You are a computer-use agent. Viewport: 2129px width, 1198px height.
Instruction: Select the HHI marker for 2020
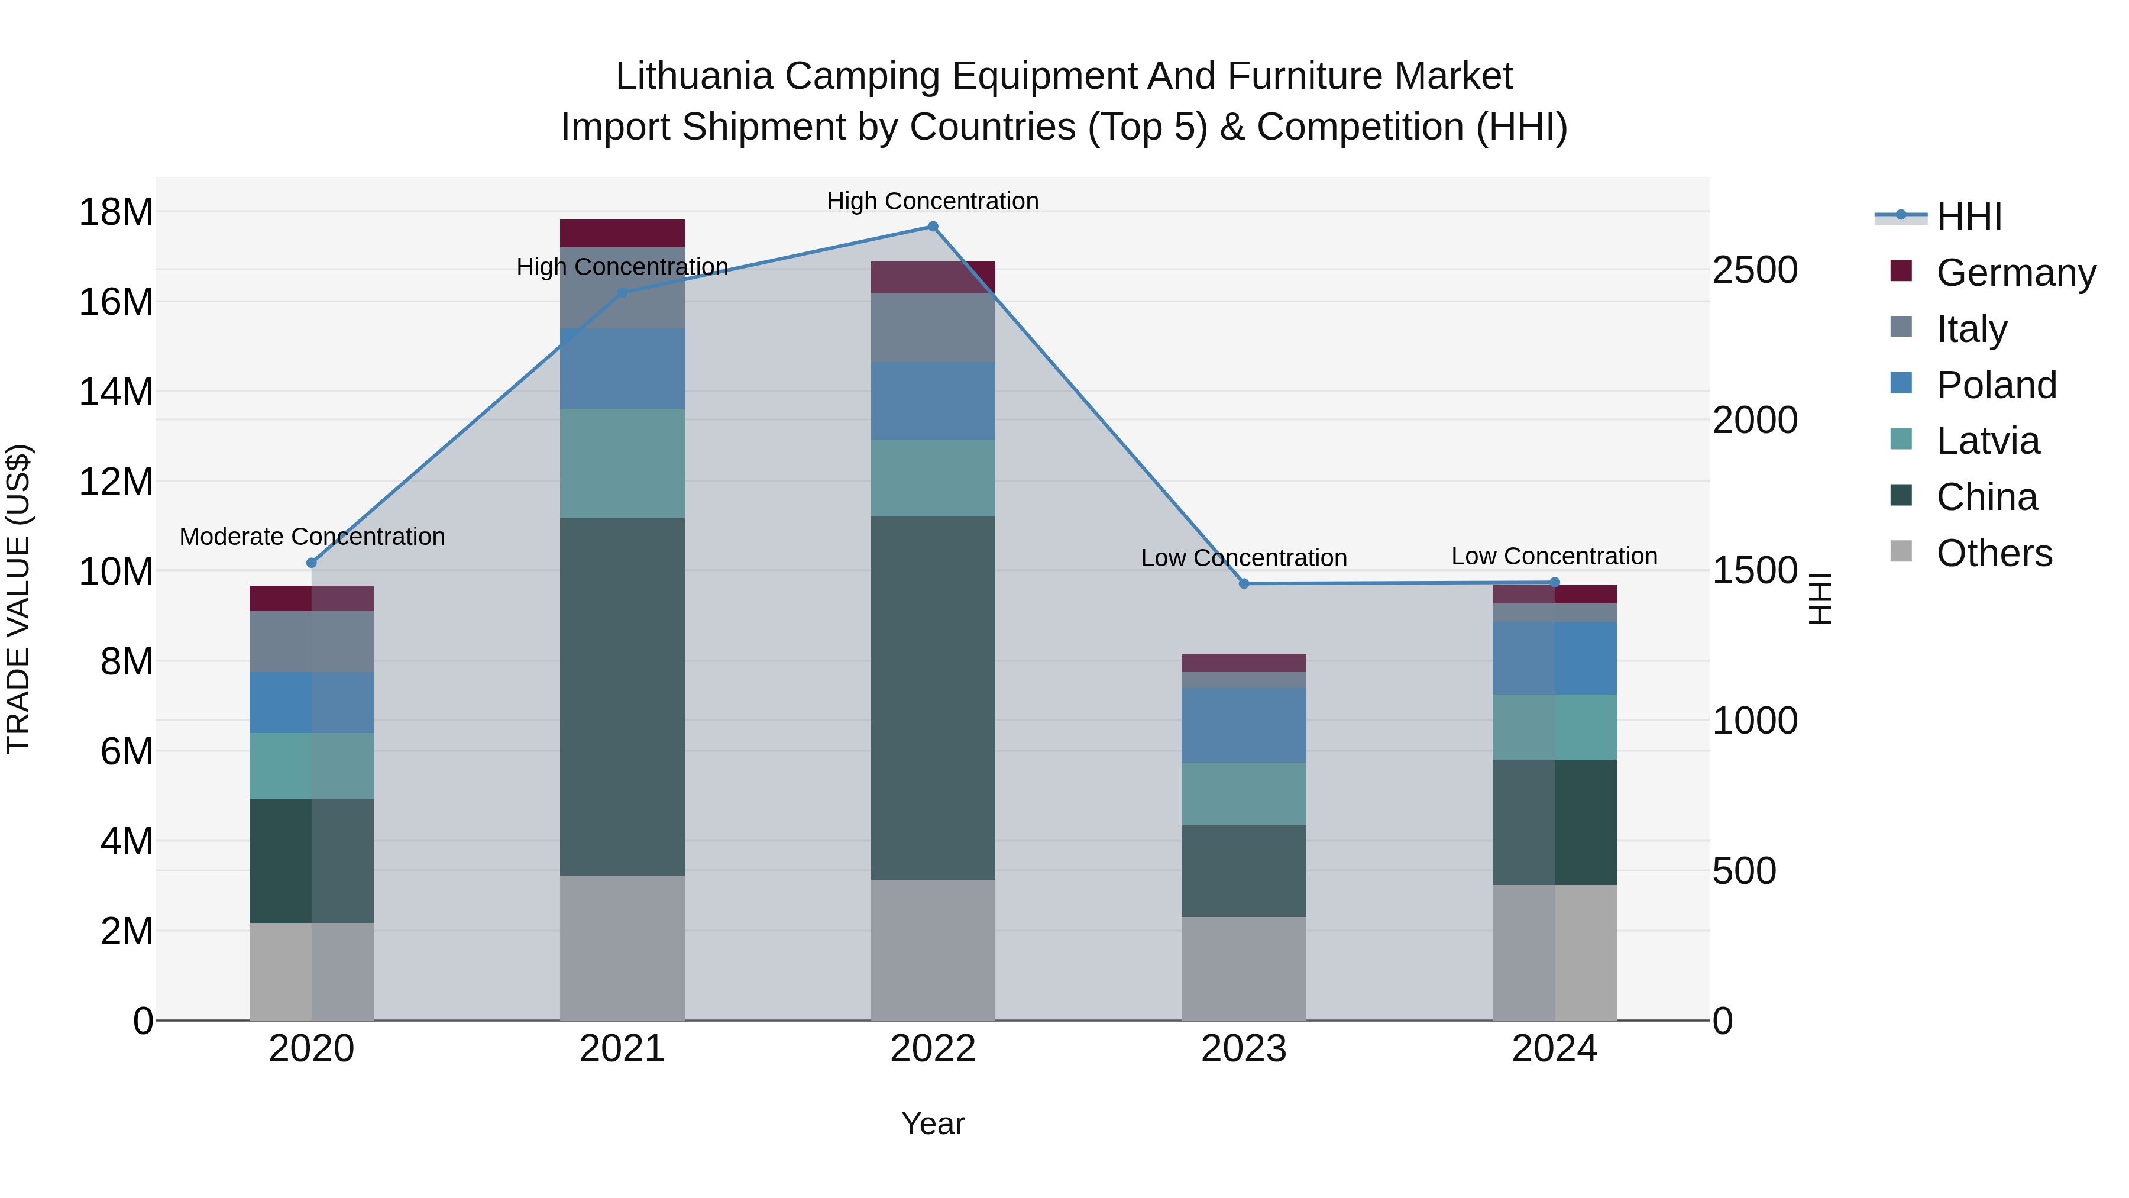pos(312,563)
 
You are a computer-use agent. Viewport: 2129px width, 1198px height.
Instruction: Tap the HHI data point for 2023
pos(1244,584)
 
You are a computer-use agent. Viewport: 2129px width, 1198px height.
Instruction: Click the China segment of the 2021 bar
pos(622,696)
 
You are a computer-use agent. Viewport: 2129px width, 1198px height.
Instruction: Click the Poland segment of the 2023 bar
pos(1244,725)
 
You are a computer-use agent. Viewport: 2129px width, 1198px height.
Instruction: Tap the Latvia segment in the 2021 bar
pos(622,463)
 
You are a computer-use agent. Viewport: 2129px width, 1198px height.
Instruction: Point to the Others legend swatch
pos(1901,551)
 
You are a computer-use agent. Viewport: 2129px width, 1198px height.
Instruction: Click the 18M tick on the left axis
pos(116,212)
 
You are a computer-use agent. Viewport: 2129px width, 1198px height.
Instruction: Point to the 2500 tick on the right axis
pos(1755,270)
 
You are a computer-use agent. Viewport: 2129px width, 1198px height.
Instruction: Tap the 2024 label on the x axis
pos(1554,1049)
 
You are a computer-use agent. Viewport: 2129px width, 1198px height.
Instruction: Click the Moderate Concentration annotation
pos(312,537)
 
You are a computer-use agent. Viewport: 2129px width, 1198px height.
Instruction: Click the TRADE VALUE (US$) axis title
pos(18,599)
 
